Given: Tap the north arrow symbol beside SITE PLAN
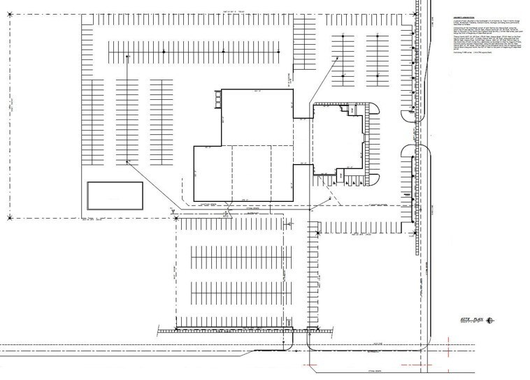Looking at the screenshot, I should coord(489,321).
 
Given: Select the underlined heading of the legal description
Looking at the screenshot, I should coord(459,17).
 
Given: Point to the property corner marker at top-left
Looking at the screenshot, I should coord(10,17).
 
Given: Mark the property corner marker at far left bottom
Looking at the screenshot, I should coord(10,219).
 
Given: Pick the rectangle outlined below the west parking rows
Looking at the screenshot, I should coord(115,195).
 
